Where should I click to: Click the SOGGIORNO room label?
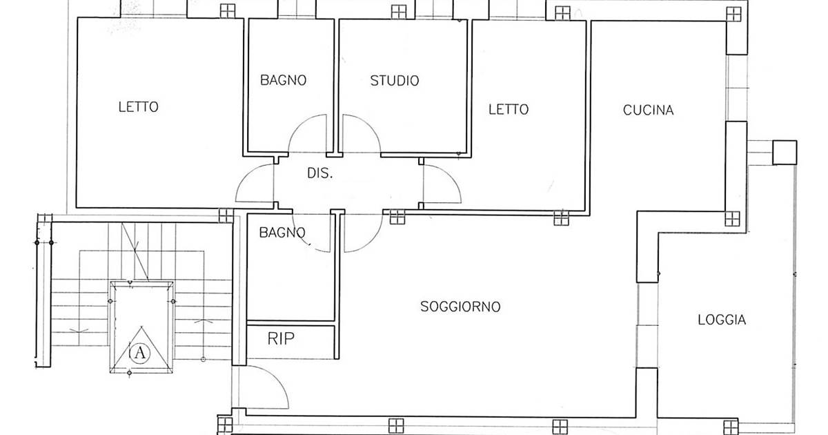[460, 307]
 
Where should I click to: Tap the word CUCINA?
[648, 110]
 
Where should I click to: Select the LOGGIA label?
[722, 320]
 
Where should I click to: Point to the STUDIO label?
[395, 81]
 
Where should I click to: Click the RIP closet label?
[281, 338]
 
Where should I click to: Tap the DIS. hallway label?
[319, 173]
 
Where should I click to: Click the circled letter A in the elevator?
[139, 353]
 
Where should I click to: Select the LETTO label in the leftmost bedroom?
[138, 107]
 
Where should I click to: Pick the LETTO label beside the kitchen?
[509, 110]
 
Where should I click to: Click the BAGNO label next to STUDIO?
[283, 80]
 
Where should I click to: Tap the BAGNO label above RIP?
[282, 233]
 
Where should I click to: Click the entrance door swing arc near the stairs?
[278, 381]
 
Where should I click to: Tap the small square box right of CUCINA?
[785, 153]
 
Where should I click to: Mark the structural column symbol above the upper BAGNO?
[228, 11]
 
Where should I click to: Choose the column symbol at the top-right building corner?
[733, 14]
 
